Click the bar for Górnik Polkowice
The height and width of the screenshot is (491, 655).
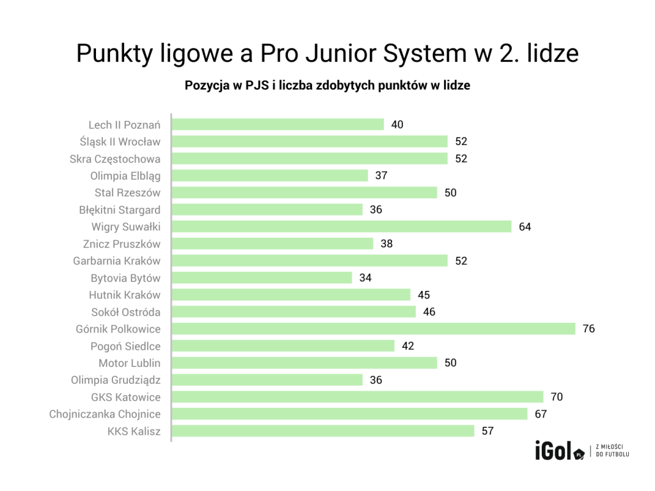click(374, 329)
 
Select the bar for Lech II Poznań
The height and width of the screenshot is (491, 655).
click(278, 125)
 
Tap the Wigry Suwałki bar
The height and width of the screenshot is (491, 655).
click(342, 226)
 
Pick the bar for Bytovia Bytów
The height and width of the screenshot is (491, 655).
click(262, 277)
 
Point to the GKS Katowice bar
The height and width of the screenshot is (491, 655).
click(358, 397)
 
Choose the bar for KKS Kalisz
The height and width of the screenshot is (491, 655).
click(323, 431)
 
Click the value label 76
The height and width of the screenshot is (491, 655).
click(588, 329)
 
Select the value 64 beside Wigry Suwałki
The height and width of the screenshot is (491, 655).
click(525, 226)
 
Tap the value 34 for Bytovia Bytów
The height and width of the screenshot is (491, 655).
click(365, 277)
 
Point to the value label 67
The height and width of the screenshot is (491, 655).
click(541, 414)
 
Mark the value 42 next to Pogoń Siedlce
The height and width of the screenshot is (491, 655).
click(407, 346)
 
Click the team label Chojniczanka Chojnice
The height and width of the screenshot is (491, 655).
click(105, 414)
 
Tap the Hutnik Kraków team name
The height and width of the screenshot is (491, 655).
click(125, 295)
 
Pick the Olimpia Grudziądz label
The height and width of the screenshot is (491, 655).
click(116, 380)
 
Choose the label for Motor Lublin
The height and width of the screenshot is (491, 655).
click(129, 363)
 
